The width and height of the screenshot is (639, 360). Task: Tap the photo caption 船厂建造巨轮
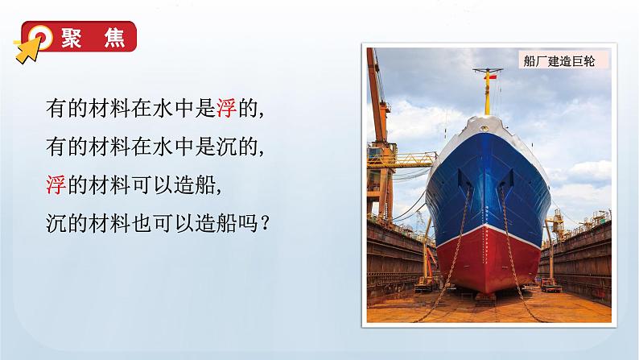(558, 62)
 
